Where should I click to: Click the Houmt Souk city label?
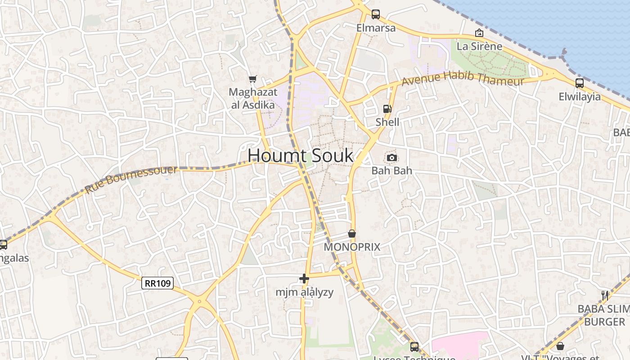301,156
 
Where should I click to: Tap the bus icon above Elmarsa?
376,14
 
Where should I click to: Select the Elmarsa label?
376,28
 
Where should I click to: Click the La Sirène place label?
479,46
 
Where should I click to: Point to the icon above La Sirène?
479,33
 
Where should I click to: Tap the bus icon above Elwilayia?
580,83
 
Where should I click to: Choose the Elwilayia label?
580,96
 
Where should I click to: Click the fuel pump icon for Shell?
387,108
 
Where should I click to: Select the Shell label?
387,122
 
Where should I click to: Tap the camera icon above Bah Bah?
392,157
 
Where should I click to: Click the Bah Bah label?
391,171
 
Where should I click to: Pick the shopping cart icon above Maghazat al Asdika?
253,79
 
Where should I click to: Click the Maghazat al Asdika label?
252,99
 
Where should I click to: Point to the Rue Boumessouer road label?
131,179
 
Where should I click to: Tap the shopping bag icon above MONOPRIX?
352,234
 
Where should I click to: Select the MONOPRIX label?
352,247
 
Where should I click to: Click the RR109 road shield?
157,283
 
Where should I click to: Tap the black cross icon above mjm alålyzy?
304,279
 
